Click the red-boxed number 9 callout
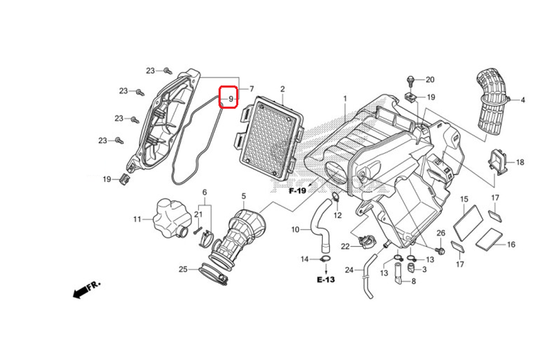(x=228, y=98)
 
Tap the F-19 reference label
(x=297, y=191)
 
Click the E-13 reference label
(x=326, y=280)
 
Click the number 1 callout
(x=345, y=98)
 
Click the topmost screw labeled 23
(x=167, y=70)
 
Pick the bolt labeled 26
(x=441, y=250)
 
